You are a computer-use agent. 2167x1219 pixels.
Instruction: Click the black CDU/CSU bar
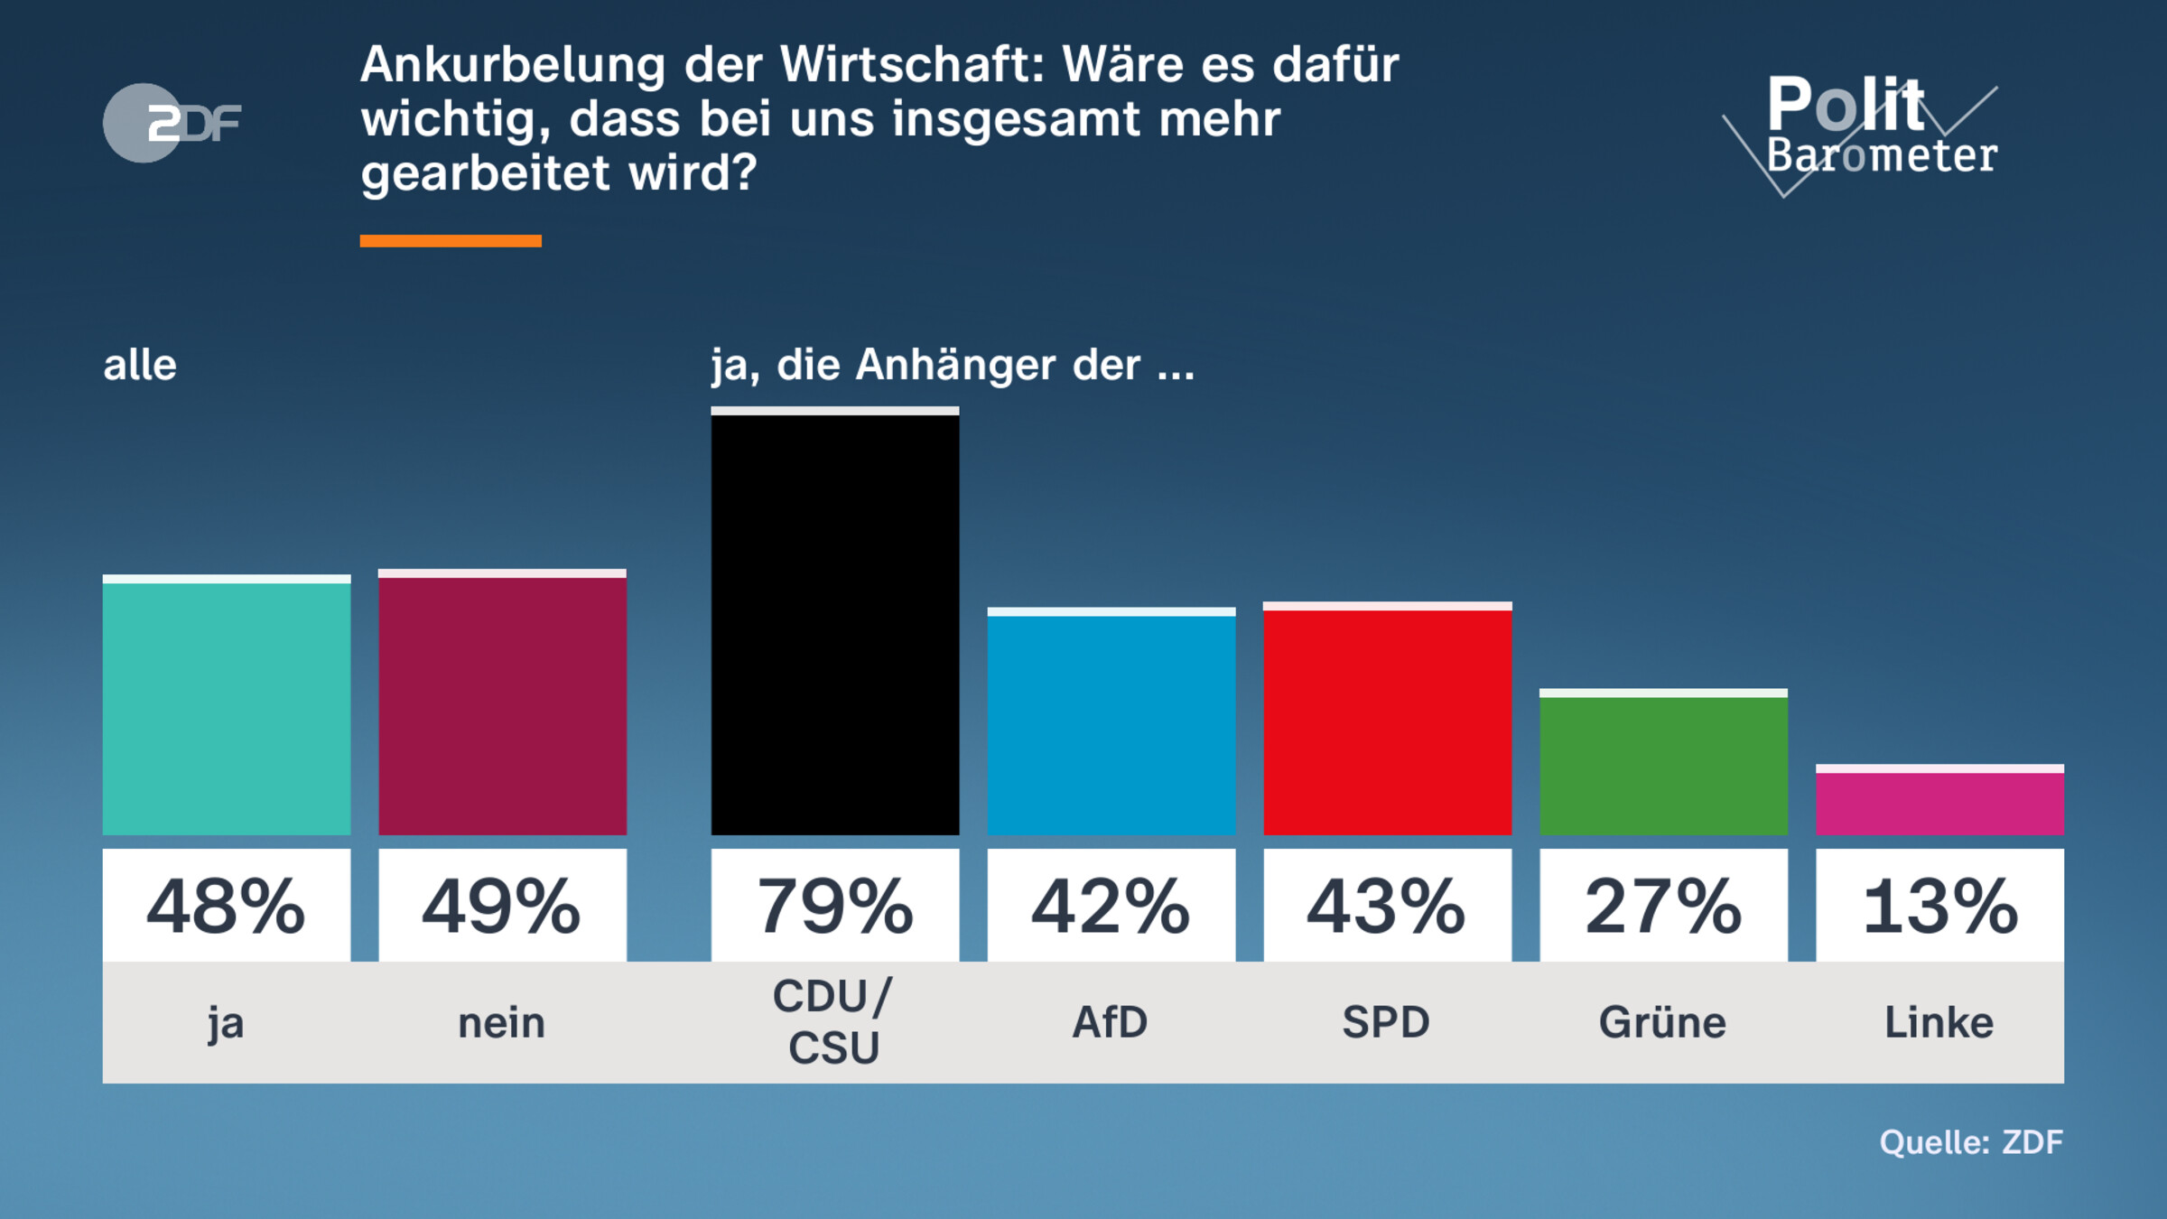coord(834,623)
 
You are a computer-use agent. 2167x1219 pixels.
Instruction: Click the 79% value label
coord(834,906)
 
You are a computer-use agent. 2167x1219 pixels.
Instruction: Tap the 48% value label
coord(226,906)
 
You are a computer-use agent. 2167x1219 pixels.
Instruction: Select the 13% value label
coord(1939,906)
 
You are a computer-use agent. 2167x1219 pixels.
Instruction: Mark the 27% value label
coord(1663,906)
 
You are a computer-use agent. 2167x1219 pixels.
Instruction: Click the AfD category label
coord(1111,1022)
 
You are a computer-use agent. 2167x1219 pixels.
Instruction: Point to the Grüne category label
coord(1663,1022)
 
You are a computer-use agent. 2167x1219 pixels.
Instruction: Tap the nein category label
coord(502,1023)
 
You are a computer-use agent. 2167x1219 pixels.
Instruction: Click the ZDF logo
coord(172,123)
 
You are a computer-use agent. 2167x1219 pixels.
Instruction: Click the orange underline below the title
coord(451,240)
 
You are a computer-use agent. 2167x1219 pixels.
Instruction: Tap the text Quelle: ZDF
coord(1971,1142)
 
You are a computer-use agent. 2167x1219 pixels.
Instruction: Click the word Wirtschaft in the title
coord(912,65)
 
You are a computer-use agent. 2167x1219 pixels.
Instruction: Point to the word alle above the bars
coord(140,365)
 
